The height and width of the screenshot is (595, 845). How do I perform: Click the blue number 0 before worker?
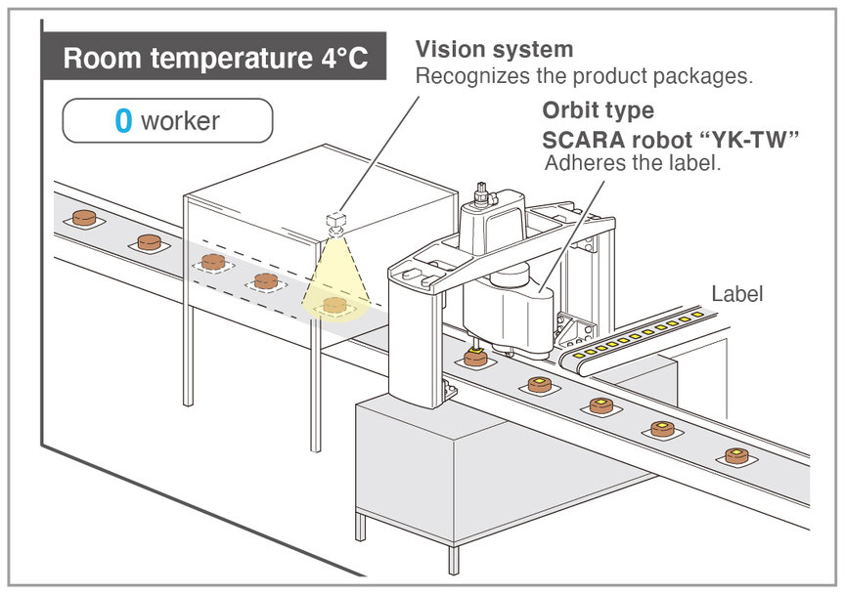click(x=123, y=121)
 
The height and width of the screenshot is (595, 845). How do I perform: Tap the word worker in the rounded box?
click(x=180, y=121)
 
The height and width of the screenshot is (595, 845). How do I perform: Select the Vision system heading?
click(x=494, y=49)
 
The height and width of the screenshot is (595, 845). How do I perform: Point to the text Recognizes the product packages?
click(x=584, y=75)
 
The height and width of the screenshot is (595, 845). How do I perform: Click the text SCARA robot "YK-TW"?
click(x=671, y=139)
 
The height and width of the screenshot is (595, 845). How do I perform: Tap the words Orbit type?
click(x=599, y=110)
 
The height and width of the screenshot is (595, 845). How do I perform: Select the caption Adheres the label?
click(x=632, y=163)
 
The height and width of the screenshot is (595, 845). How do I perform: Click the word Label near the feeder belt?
click(x=735, y=293)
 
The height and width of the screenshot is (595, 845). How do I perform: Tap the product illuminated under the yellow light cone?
click(x=335, y=305)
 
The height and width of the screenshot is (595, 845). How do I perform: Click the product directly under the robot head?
click(x=477, y=358)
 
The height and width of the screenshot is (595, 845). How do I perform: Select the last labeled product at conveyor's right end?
click(x=736, y=456)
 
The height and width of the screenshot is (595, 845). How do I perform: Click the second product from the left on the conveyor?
click(x=149, y=240)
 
